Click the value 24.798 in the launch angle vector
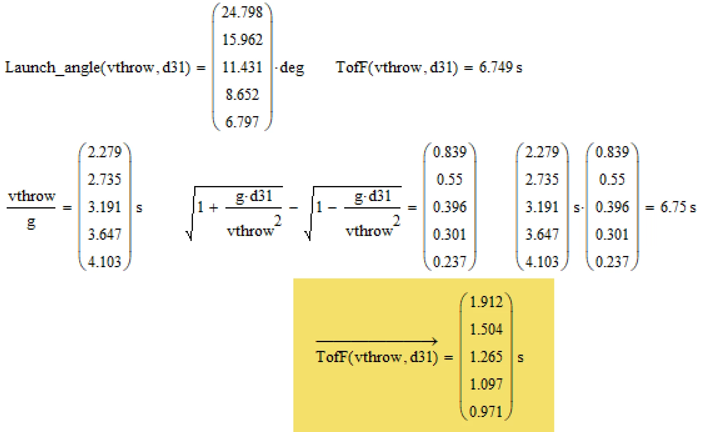click(242, 12)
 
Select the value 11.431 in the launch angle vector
click(242, 67)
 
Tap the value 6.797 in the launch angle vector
click(242, 122)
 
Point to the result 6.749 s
click(500, 67)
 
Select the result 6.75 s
click(678, 207)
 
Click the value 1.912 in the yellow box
click(486, 302)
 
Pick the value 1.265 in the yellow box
click(486, 357)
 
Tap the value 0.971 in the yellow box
click(486, 412)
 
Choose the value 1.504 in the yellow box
click(486, 329)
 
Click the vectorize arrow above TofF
click(377, 342)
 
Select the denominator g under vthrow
click(31, 223)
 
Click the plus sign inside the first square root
click(213, 207)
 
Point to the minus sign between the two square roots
click(293, 207)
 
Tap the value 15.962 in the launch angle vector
click(242, 40)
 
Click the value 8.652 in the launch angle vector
click(242, 94)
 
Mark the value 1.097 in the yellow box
click(486, 384)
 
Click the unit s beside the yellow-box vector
click(520, 358)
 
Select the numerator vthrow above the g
click(32, 196)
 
